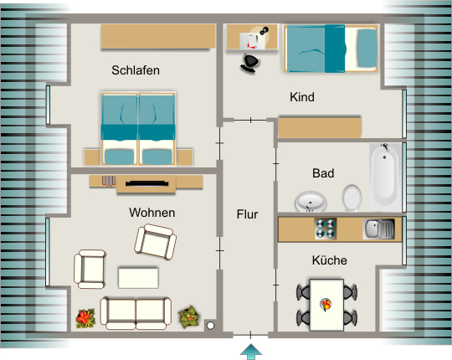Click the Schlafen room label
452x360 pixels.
[x=136, y=70]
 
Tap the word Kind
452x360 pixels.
[x=302, y=97]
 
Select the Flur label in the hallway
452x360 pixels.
[x=247, y=214]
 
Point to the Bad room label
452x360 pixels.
[x=323, y=173]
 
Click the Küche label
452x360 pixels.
[x=329, y=260]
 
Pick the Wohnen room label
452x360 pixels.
[x=152, y=213]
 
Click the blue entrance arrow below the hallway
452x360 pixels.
[x=251, y=352]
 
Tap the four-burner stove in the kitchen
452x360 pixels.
[x=326, y=229]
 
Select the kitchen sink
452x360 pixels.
[x=379, y=229]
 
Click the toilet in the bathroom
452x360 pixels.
[x=352, y=198]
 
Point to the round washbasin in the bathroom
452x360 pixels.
[x=311, y=202]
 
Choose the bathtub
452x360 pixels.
[x=385, y=177]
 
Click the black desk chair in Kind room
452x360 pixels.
[x=250, y=62]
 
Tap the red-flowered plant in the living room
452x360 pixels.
[x=85, y=318]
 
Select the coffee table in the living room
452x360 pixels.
[x=138, y=278]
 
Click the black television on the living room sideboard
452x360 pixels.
[x=147, y=183]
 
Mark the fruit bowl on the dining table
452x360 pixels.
[x=326, y=305]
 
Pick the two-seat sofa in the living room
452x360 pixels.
[x=136, y=314]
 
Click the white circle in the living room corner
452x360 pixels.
[x=210, y=326]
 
